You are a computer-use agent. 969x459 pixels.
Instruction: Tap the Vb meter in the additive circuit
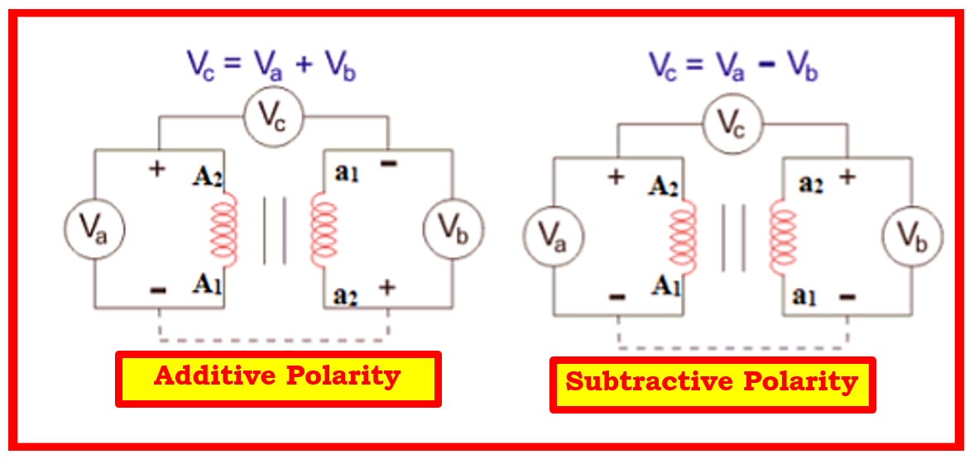point(453,229)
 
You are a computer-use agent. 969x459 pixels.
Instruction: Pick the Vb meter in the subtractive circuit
point(912,237)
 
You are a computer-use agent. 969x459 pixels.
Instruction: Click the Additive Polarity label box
point(278,379)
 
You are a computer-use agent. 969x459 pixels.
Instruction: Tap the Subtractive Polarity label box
point(712,384)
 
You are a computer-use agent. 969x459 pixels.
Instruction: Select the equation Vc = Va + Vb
point(272,65)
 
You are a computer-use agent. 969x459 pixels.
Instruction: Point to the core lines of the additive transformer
point(275,231)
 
